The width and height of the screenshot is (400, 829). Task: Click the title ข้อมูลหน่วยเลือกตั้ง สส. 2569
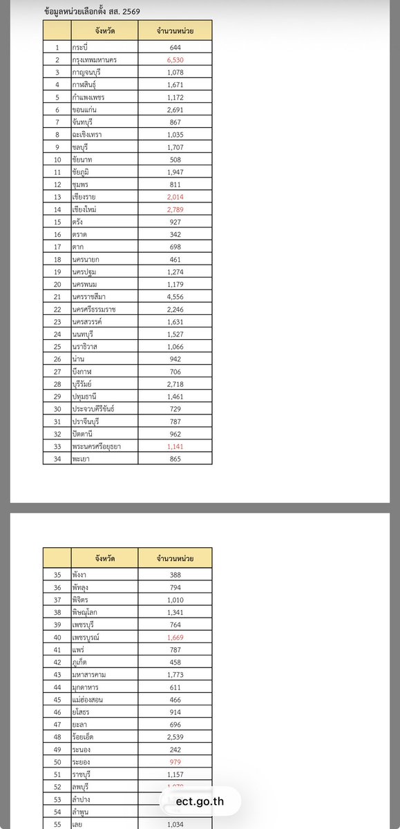point(92,12)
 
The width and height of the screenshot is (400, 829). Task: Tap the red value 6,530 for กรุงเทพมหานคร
point(175,60)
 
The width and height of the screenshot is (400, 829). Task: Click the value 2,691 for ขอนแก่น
point(175,110)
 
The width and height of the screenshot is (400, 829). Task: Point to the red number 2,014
point(175,197)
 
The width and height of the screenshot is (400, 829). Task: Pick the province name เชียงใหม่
point(87,209)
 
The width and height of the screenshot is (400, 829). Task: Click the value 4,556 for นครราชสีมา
point(175,296)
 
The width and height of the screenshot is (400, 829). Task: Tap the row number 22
point(57,309)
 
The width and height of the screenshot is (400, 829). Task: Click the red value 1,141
point(175,446)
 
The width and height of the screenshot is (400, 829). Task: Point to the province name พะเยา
point(82,458)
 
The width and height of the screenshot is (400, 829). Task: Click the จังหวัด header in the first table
point(104,30)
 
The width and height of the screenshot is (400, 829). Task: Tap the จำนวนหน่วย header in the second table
point(175,558)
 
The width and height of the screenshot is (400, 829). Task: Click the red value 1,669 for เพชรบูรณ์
point(175,638)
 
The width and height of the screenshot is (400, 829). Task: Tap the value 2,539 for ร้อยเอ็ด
point(175,737)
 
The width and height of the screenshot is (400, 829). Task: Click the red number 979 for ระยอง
point(175,762)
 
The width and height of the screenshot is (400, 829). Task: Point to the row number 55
point(57,824)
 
